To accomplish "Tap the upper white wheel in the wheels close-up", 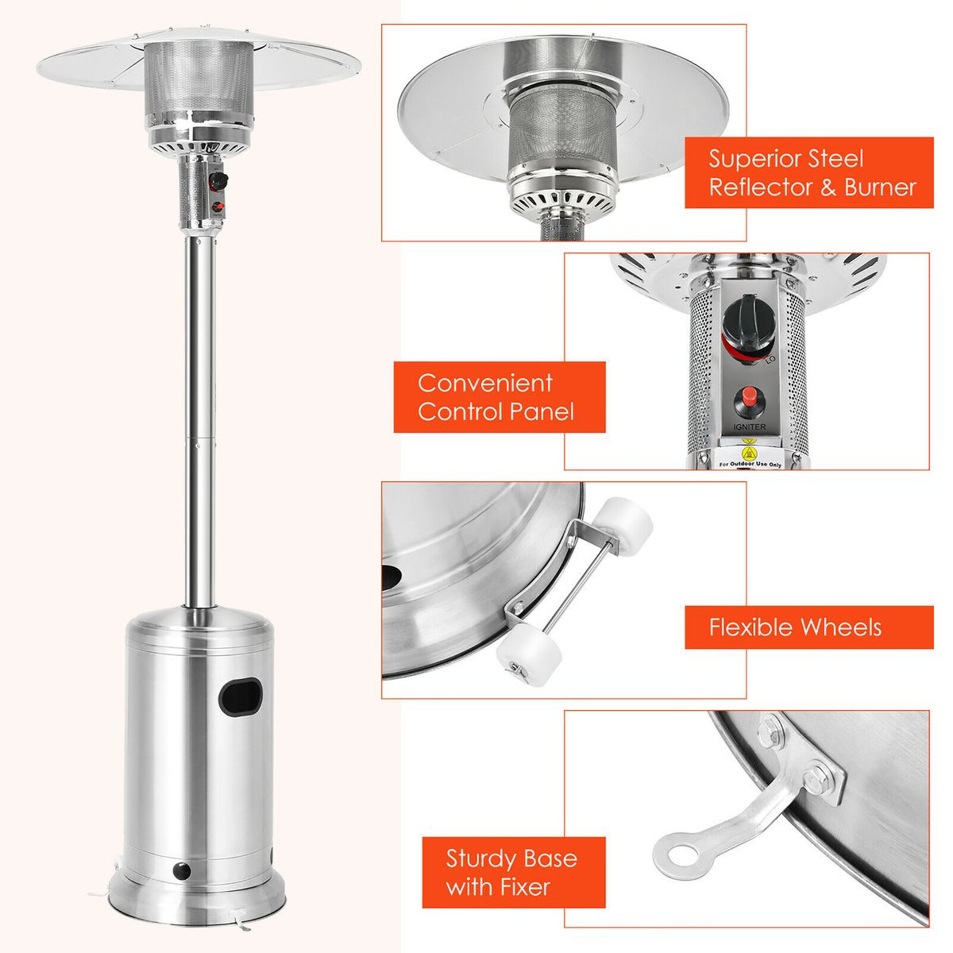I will tap(627, 520).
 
